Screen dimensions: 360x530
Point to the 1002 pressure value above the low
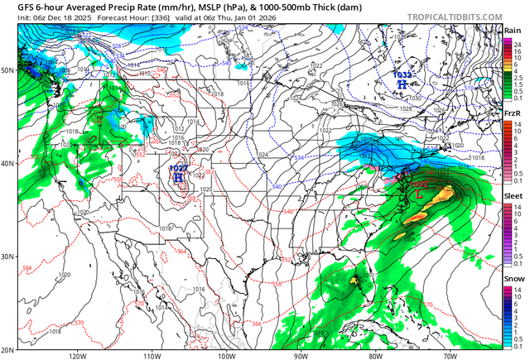click(417, 184)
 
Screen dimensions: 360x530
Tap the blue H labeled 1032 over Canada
click(402, 84)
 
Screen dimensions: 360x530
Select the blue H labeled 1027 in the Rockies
click(177, 177)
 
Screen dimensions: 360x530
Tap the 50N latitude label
click(7, 70)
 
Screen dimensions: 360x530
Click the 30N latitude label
click(7, 257)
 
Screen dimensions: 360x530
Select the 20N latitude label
click(7, 349)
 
